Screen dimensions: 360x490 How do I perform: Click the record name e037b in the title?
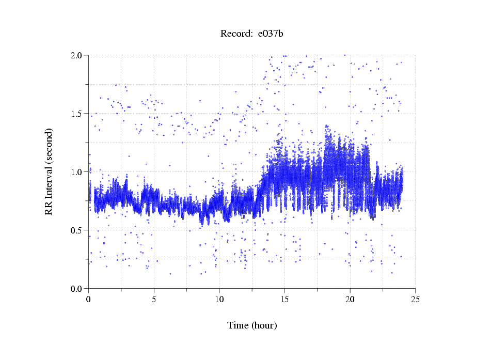pos(271,34)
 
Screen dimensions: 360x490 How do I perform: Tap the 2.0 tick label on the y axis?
pos(80,55)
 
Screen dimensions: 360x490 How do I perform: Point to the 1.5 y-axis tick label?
pos(80,114)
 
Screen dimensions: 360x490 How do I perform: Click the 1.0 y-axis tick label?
pos(80,172)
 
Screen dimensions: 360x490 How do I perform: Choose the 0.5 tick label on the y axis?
pos(80,230)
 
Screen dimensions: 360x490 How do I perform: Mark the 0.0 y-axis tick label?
pos(80,289)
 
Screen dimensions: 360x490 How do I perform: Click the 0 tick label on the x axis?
pos(89,299)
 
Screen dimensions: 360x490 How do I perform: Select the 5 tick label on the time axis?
pos(154,299)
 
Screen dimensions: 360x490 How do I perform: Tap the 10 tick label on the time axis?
pos(219,299)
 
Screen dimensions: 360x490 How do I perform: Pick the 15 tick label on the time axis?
pos(284,299)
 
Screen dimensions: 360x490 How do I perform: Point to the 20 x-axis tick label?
pos(350,299)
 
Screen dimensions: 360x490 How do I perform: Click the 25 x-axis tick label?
pos(415,299)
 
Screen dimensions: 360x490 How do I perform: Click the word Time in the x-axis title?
pos(238,325)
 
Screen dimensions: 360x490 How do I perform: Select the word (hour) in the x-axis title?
pos(264,325)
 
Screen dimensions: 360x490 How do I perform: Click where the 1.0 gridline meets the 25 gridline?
pos(415,171)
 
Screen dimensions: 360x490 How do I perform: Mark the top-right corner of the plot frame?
pos(415,55)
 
